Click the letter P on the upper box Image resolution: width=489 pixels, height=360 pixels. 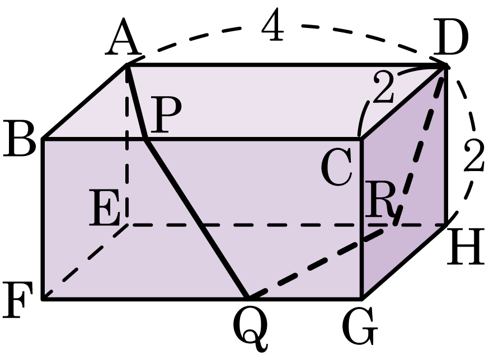[x=166, y=117]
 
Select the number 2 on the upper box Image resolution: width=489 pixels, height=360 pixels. [x=384, y=88]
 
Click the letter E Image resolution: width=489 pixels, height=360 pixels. [x=105, y=210]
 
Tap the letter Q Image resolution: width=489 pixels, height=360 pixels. [x=250, y=328]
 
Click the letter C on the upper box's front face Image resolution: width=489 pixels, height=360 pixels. [x=337, y=168]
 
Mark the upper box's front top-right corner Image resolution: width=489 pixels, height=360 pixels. [x=361, y=138]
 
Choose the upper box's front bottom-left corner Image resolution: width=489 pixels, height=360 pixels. [x=46, y=297]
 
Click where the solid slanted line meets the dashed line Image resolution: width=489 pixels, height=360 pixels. [x=202, y=225]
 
